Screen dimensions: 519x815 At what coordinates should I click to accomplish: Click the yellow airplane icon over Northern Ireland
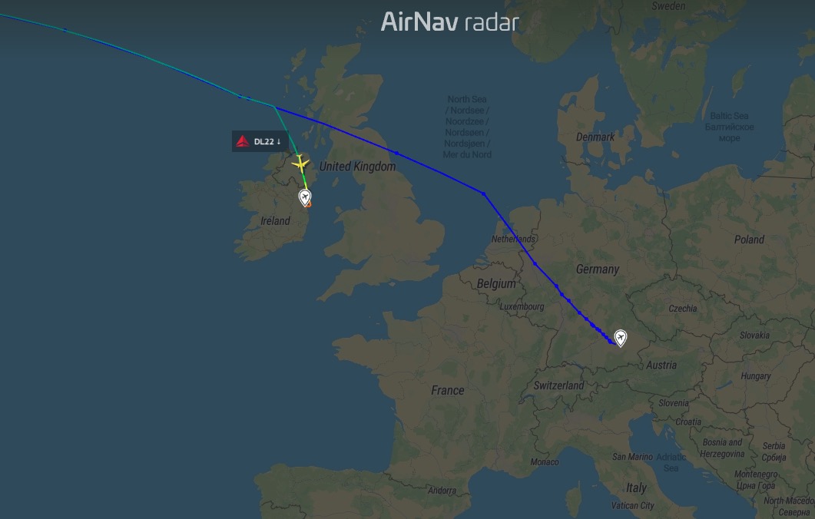tap(300, 163)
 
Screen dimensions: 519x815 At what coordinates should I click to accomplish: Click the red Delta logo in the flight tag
tap(243, 141)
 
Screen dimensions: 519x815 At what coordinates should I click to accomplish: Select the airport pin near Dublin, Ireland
tap(306, 198)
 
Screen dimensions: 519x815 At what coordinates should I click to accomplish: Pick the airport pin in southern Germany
tap(620, 337)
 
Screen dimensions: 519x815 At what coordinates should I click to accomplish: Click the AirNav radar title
tap(450, 22)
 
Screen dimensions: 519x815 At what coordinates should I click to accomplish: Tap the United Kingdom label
tap(357, 167)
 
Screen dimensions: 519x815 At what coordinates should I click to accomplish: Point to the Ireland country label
tap(275, 221)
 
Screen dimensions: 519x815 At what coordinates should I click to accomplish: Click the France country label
tap(447, 390)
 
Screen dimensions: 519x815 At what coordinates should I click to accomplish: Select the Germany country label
tap(597, 269)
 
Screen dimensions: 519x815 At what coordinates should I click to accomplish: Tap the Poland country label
tap(748, 240)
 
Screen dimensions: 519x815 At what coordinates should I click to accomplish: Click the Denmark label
tap(595, 137)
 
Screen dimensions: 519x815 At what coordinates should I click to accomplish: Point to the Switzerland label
tap(558, 385)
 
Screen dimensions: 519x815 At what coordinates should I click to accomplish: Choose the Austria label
tap(661, 365)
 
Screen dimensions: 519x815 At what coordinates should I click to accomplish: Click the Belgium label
tap(496, 283)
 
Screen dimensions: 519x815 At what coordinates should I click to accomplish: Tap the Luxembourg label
tap(522, 307)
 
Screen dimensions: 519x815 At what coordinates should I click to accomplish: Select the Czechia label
tap(682, 309)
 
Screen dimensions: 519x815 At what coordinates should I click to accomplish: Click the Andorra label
tap(442, 491)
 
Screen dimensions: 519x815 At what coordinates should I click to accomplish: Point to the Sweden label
tap(668, 5)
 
